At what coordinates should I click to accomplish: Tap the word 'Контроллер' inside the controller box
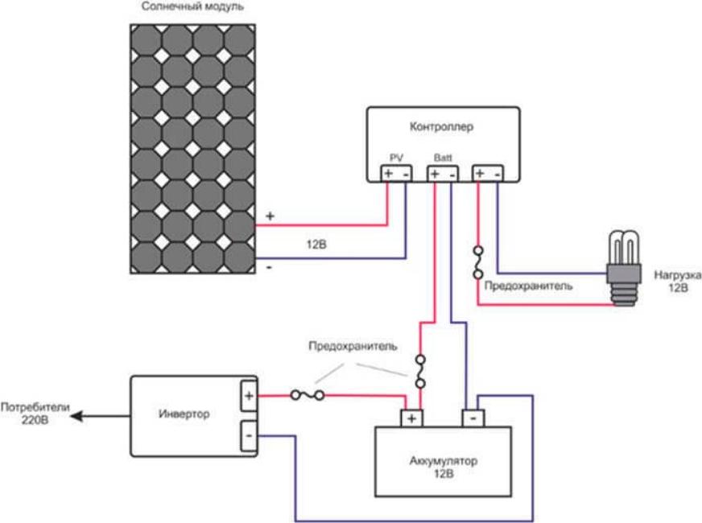[440, 126]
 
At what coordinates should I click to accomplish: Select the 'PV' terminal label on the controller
[396, 158]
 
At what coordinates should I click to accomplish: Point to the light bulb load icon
[623, 269]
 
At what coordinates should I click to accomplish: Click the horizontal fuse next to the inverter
[308, 394]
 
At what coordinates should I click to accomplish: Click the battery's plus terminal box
[411, 418]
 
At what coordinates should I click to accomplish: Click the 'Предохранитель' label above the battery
[352, 346]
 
